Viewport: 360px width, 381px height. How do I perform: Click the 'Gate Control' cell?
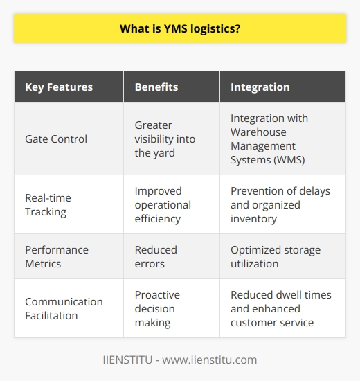(56, 139)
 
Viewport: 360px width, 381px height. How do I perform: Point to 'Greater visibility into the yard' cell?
(165, 139)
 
